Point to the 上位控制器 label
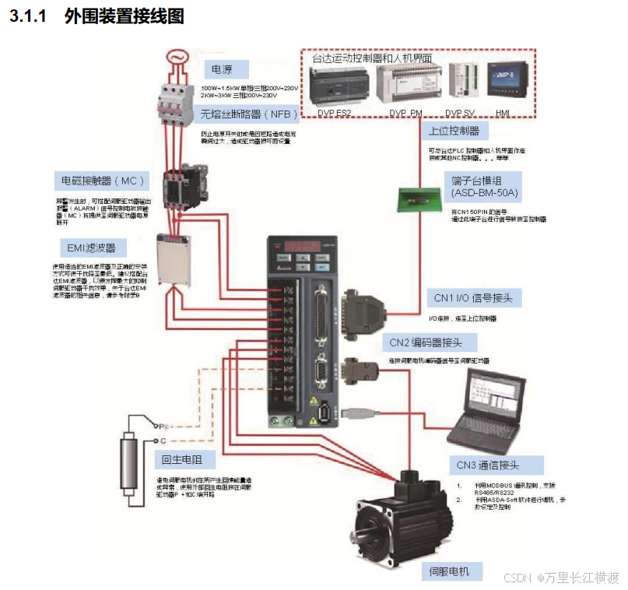coord(454,130)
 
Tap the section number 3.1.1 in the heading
coord(30,16)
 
